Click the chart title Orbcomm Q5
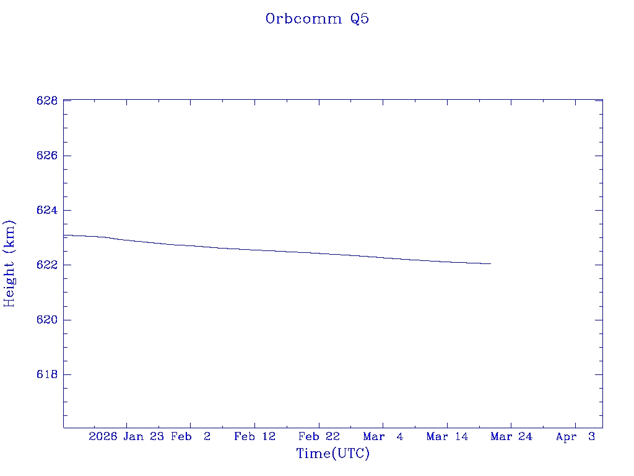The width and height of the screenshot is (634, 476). coord(317,19)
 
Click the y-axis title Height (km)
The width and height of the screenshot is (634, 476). coord(10,263)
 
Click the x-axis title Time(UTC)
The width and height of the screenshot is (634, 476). coord(333,454)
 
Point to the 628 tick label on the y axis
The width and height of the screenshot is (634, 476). coord(47,100)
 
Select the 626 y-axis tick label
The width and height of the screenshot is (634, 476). coord(47,156)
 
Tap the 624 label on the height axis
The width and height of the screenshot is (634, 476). coord(47,211)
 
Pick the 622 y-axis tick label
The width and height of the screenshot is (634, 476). coord(47,265)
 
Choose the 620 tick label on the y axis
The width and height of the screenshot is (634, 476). coord(47,320)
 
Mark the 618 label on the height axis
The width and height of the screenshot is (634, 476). coord(47,375)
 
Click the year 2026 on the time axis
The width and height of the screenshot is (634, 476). coord(103,437)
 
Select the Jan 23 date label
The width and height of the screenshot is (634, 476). coord(144,437)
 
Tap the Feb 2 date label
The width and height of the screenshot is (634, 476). coord(191,437)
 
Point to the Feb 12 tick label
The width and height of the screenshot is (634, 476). coord(254,437)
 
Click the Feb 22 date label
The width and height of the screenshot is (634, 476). coord(319,437)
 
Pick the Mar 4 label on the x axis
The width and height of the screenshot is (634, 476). coord(383,437)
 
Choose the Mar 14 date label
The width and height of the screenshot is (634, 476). coord(447,437)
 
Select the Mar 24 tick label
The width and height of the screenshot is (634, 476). coord(511,437)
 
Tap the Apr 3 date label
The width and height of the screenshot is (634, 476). coord(575,437)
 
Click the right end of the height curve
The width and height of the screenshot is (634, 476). coord(490,263)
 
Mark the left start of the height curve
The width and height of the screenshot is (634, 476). coord(64,235)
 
